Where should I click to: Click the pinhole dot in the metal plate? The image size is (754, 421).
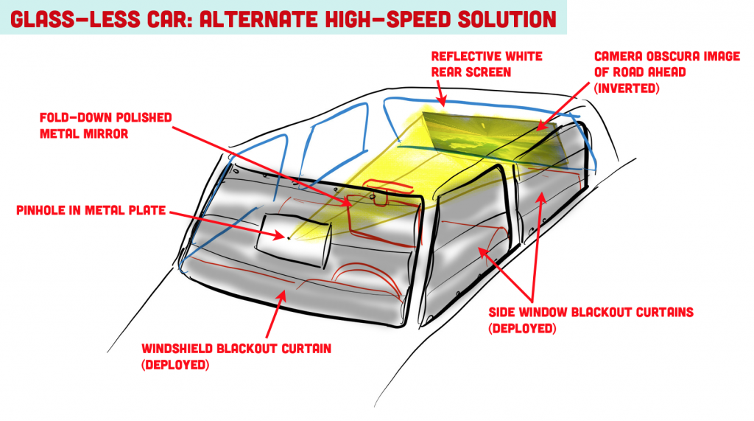289,237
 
